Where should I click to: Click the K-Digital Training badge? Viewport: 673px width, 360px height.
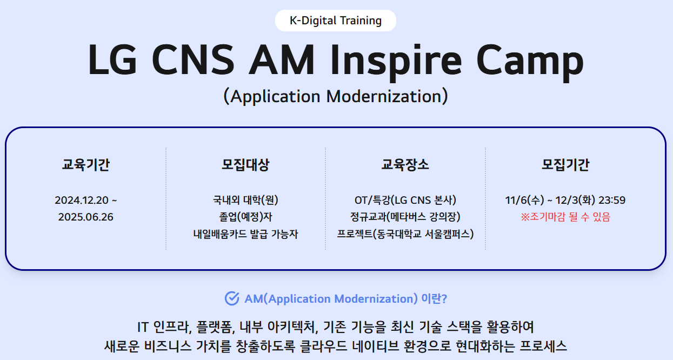click(336, 21)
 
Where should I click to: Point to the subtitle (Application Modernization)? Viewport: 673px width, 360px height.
click(336, 96)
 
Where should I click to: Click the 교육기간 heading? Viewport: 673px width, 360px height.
click(86, 165)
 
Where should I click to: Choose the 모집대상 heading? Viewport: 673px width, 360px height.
click(245, 165)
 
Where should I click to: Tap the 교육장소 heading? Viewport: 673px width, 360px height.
click(405, 165)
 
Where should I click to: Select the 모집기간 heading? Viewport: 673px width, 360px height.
click(565, 165)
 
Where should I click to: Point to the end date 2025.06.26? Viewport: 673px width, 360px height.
click(86, 217)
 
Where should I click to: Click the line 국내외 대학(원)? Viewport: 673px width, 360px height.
click(245, 201)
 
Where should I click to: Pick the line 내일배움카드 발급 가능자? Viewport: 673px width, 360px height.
click(245, 234)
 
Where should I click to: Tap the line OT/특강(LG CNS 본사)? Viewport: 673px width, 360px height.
click(405, 201)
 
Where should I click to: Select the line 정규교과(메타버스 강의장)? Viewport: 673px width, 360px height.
click(405, 217)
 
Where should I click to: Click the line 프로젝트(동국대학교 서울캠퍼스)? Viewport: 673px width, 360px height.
click(405, 234)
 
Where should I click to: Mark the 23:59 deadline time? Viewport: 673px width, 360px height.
click(611, 201)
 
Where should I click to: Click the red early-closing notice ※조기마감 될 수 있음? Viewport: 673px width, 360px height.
click(565, 217)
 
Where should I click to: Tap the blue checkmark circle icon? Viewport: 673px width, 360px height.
click(232, 298)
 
